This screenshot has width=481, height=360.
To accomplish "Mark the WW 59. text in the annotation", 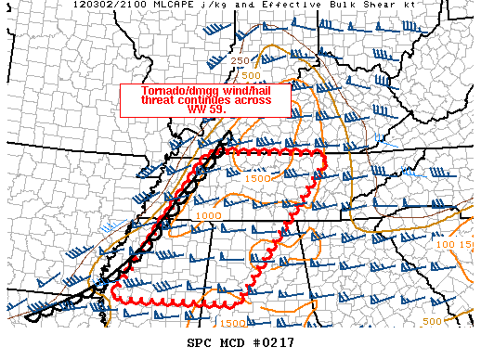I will (206, 109).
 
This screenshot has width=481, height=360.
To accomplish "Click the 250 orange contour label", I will (240, 60).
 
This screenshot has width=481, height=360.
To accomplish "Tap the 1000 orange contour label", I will (209, 215).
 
